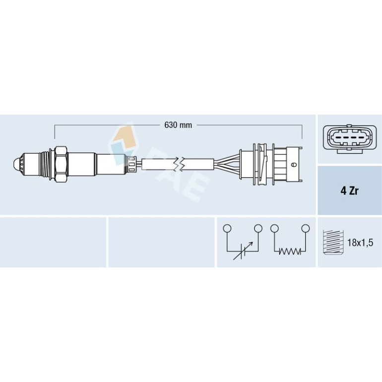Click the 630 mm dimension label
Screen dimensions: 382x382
pyautogui.click(x=178, y=125)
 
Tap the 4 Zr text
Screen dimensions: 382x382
pyautogui.click(x=349, y=191)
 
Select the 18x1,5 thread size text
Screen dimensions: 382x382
pyautogui.click(x=360, y=243)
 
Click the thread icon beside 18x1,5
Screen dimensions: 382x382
pyautogui.click(x=333, y=242)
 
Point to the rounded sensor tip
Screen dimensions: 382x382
pyautogui.click(x=17, y=164)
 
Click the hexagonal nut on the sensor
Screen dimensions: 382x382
pyautogui.click(x=61, y=164)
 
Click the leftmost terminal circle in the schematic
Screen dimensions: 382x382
pyautogui.click(x=227, y=228)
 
